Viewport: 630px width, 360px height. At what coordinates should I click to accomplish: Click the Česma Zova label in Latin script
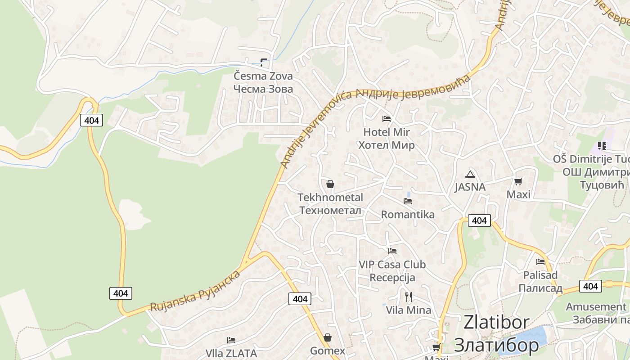(x=263, y=76)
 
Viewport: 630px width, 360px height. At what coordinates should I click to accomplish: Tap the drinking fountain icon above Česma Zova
(x=264, y=63)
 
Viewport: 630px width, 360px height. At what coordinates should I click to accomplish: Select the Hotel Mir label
(x=387, y=132)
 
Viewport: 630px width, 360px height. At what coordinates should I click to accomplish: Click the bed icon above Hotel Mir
(x=386, y=119)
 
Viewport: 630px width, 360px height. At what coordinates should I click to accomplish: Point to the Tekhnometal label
(x=330, y=198)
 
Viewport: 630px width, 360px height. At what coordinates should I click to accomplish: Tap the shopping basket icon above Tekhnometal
(x=330, y=184)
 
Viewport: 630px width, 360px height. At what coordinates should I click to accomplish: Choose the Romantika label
(x=408, y=215)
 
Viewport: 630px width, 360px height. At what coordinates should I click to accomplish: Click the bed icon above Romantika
(x=408, y=201)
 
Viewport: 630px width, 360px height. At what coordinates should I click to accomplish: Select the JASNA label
(x=470, y=187)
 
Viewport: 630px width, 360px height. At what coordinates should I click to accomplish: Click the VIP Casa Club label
(x=392, y=265)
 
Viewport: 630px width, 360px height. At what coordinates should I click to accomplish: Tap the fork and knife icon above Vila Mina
(x=408, y=297)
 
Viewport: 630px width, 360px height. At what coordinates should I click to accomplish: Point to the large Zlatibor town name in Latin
(x=496, y=322)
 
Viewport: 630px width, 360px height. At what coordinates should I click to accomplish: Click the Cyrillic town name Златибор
(x=496, y=345)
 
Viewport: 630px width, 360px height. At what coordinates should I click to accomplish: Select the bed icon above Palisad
(x=540, y=261)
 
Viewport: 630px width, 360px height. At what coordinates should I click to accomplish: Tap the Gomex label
(x=328, y=351)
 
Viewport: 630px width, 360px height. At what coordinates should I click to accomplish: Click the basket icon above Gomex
(x=328, y=337)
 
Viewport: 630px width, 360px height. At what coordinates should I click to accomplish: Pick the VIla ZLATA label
(x=231, y=353)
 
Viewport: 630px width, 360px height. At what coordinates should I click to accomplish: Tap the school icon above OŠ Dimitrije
(x=602, y=146)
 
